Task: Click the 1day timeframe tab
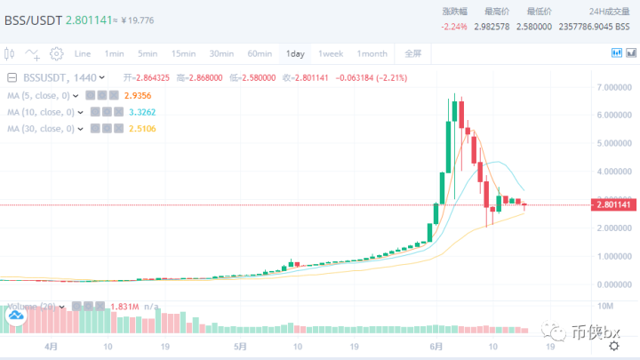point(294,54)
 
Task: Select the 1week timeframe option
point(331,54)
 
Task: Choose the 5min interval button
point(148,54)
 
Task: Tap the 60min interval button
point(259,54)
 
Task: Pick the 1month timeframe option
point(372,54)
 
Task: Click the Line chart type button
point(83,54)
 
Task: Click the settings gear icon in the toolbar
point(56,54)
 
